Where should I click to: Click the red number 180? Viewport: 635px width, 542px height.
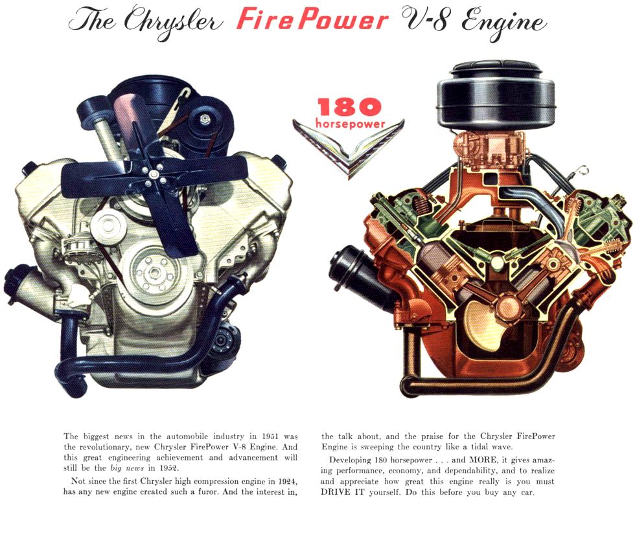349,107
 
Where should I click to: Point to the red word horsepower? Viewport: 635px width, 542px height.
349,123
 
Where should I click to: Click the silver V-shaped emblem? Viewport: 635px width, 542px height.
348,146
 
